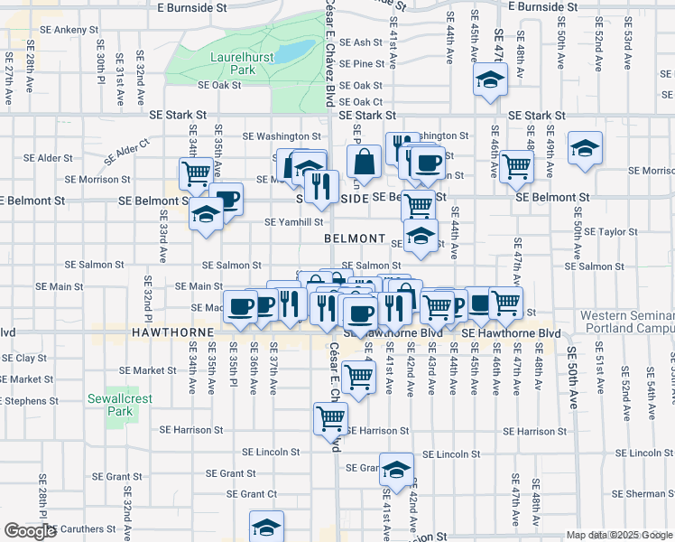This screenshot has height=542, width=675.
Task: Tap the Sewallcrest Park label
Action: point(110,405)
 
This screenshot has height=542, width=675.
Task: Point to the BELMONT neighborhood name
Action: point(356,238)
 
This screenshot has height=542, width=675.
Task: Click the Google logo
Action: point(30,531)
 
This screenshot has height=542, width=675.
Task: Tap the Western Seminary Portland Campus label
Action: point(626,322)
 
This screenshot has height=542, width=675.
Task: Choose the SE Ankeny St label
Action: point(62,30)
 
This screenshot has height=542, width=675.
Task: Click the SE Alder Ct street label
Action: point(125,151)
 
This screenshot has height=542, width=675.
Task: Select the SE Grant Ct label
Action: point(252,494)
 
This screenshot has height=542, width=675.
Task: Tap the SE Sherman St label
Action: point(631,493)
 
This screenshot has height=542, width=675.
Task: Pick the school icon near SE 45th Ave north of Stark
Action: point(490,79)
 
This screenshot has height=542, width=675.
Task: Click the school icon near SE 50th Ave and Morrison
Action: point(585,147)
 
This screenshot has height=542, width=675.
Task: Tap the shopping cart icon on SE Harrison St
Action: point(330,417)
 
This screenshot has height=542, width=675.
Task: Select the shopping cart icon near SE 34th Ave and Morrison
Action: point(195,172)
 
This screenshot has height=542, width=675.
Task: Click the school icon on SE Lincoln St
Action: point(396,468)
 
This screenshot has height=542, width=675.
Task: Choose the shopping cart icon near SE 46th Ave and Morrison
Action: point(515,165)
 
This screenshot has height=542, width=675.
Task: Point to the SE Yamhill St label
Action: point(294,221)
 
